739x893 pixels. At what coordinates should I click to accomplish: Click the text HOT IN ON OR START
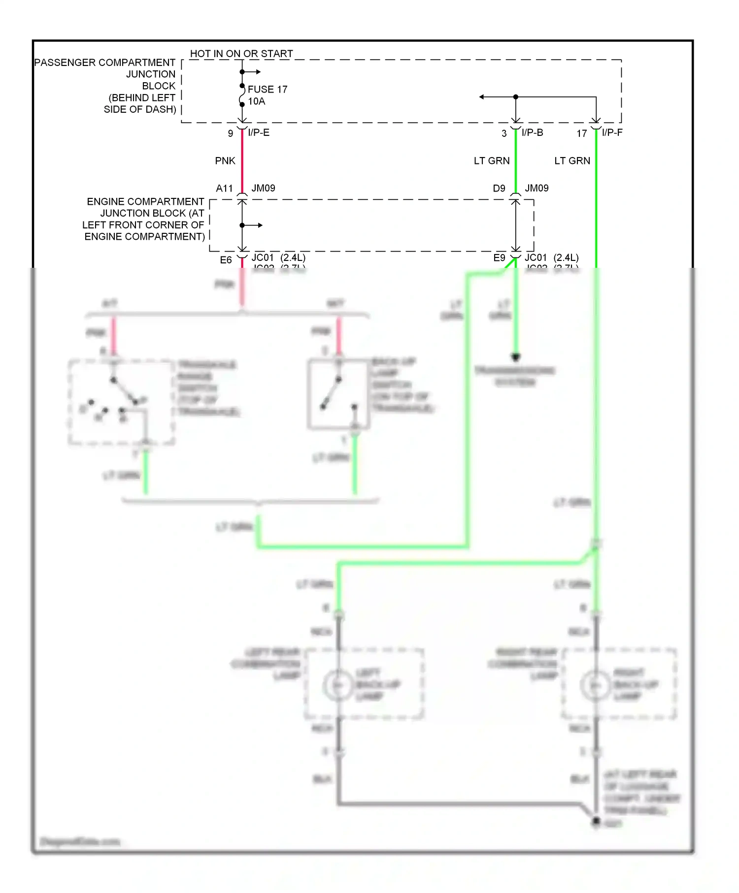coord(241,54)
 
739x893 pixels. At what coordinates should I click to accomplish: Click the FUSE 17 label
coord(268,89)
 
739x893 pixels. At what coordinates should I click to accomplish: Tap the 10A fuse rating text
coord(256,101)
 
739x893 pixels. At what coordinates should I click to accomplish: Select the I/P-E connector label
coord(259,133)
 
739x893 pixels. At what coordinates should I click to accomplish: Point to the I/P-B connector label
coord(532,133)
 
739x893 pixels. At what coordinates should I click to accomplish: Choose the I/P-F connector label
coord(612,133)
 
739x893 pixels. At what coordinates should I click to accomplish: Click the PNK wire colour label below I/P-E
coord(225,161)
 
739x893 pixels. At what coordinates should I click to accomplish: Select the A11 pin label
coord(224,189)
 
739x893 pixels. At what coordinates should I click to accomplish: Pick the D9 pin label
coord(499,189)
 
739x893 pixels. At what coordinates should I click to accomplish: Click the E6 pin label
coord(226,260)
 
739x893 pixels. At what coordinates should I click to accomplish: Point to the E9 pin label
coord(499,258)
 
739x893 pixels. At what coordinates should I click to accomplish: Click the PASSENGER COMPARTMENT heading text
coord(104,63)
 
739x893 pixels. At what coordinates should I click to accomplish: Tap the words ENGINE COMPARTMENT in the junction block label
coord(145,202)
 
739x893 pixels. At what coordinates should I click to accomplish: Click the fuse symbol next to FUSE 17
coord(242,95)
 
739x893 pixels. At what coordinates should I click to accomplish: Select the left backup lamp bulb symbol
coord(338,685)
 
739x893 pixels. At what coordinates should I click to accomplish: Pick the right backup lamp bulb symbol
coord(596,685)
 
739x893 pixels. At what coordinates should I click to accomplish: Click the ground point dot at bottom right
coord(596,821)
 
